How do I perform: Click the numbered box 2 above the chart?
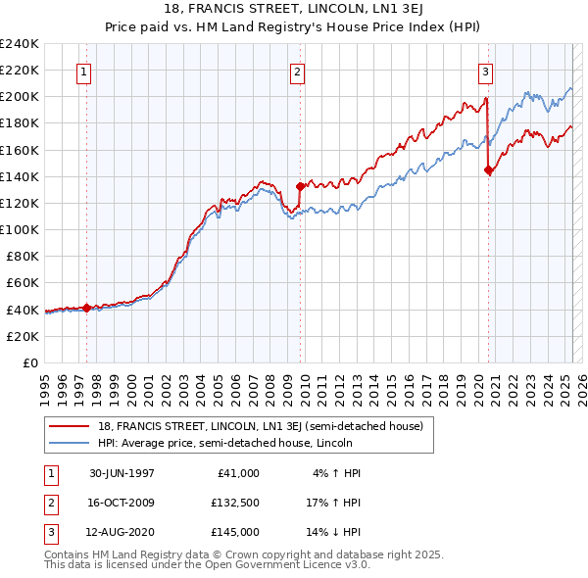296,71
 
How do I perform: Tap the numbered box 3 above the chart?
485,71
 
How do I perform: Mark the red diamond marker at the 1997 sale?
86,308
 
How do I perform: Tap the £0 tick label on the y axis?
30,362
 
